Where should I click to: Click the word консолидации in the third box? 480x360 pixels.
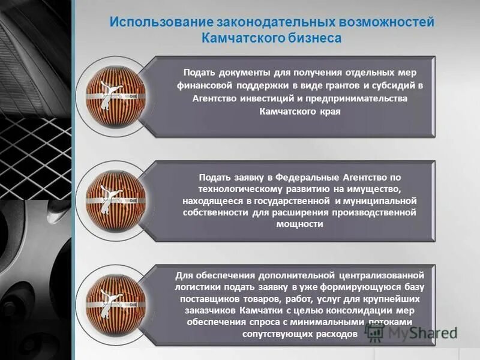341,311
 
